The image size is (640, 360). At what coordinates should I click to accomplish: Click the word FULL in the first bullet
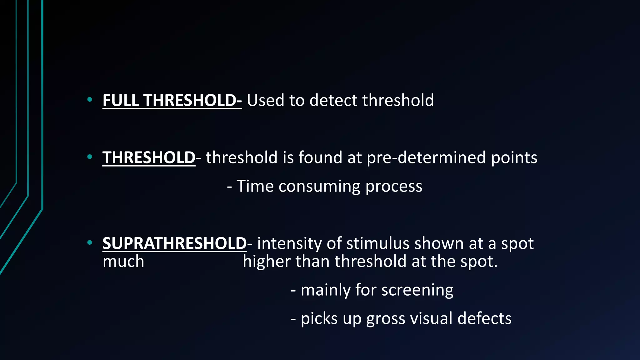tap(121, 101)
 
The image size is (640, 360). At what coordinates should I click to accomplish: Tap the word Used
tap(265, 101)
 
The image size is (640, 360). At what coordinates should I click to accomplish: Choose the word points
tap(514, 157)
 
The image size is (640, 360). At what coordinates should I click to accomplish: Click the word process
tap(394, 187)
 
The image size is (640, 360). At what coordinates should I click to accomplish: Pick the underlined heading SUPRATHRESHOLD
tap(174, 243)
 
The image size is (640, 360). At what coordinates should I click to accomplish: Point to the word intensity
tap(289, 243)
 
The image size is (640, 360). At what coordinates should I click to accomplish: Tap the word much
tap(123, 261)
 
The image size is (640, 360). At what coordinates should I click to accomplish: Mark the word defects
tap(484, 319)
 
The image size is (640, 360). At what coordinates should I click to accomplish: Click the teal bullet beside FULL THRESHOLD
tap(90, 100)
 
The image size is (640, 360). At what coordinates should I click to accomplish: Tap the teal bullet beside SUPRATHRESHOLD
tap(90, 242)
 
